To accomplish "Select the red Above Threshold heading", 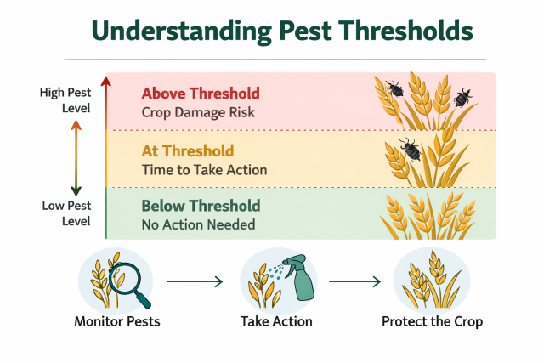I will click(x=201, y=94).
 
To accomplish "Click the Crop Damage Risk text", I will click(x=197, y=112).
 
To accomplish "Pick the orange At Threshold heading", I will click(x=187, y=151).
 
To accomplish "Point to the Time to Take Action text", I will click(x=204, y=170).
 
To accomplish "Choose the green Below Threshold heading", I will click(x=201, y=207).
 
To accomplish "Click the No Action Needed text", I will click(x=198, y=225).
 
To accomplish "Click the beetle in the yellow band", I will click(x=410, y=150).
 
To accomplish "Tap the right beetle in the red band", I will click(x=462, y=97).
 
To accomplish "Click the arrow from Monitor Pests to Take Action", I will click(x=194, y=280).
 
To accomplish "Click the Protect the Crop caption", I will click(x=432, y=322).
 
